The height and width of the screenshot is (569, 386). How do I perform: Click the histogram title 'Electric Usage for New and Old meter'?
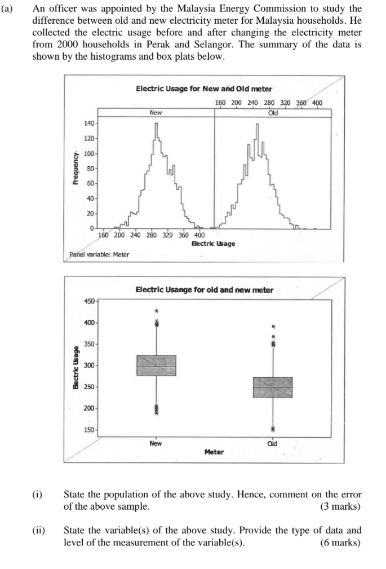point(204,89)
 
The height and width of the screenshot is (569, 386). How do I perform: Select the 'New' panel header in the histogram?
point(156,112)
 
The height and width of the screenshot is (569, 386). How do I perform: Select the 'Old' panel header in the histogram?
point(274,112)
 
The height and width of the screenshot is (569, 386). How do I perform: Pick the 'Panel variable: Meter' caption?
point(99,254)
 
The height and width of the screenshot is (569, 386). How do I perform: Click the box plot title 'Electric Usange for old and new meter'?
point(204,290)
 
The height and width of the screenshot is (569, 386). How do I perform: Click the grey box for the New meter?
point(157,365)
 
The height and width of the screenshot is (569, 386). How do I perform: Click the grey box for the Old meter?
point(273,387)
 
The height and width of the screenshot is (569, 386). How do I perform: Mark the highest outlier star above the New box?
point(157,310)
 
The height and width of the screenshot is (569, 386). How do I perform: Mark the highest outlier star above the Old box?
point(273,326)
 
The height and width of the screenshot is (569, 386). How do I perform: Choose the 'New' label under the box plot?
point(156,443)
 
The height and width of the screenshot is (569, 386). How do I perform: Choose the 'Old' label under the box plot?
point(273,443)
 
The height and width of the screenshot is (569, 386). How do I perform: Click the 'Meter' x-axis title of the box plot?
point(214,452)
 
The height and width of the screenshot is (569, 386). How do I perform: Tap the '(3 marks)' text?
point(340,506)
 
